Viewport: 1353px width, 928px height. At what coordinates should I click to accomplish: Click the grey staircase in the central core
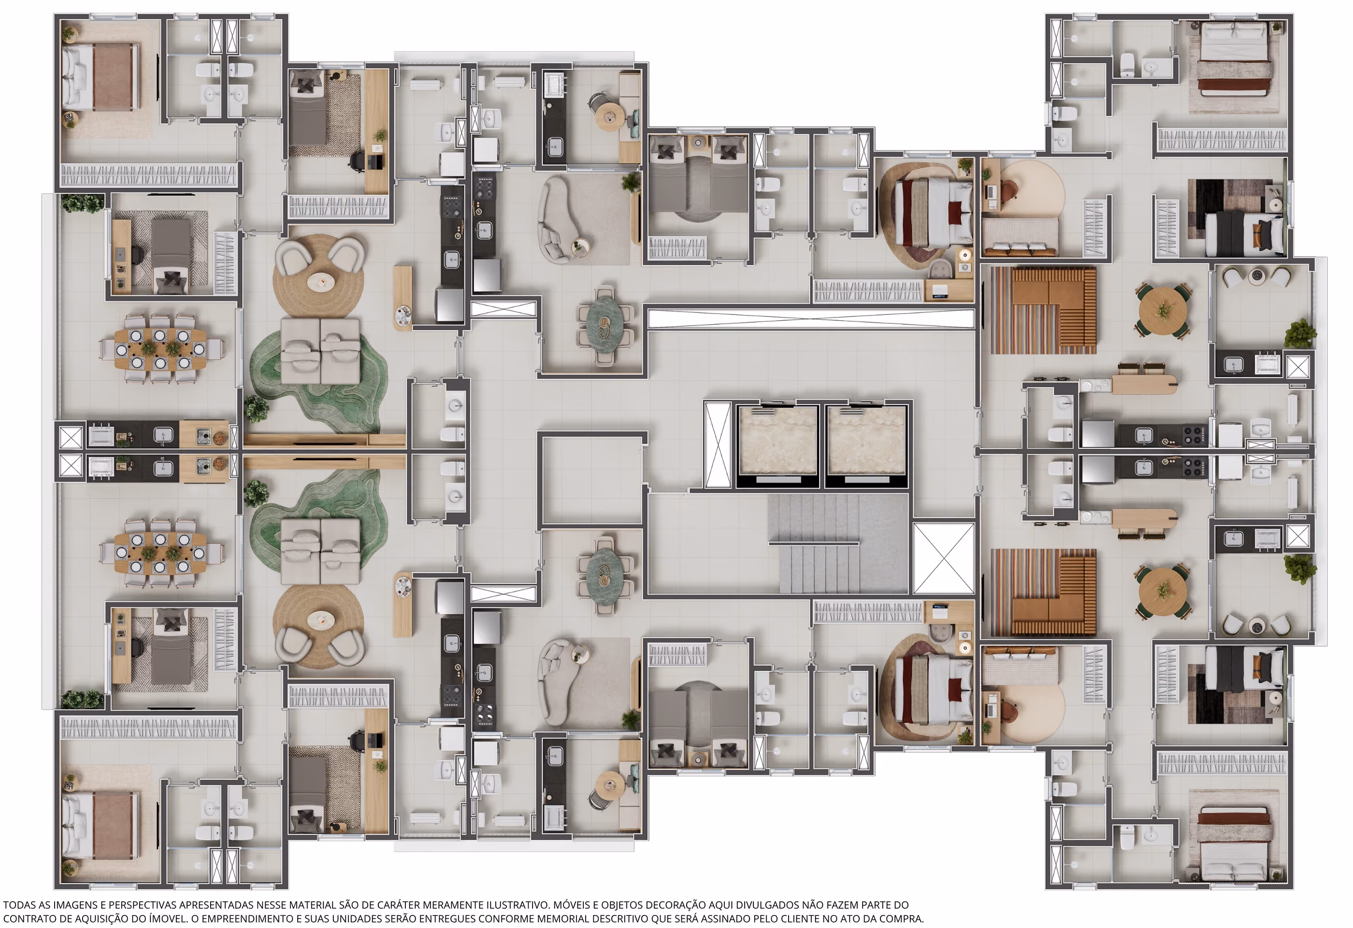[838, 544]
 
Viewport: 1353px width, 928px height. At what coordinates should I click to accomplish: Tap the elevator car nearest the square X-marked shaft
[866, 443]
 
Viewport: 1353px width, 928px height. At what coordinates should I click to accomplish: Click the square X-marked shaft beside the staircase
[944, 558]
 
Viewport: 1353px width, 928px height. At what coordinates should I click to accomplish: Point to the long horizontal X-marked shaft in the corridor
[811, 318]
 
